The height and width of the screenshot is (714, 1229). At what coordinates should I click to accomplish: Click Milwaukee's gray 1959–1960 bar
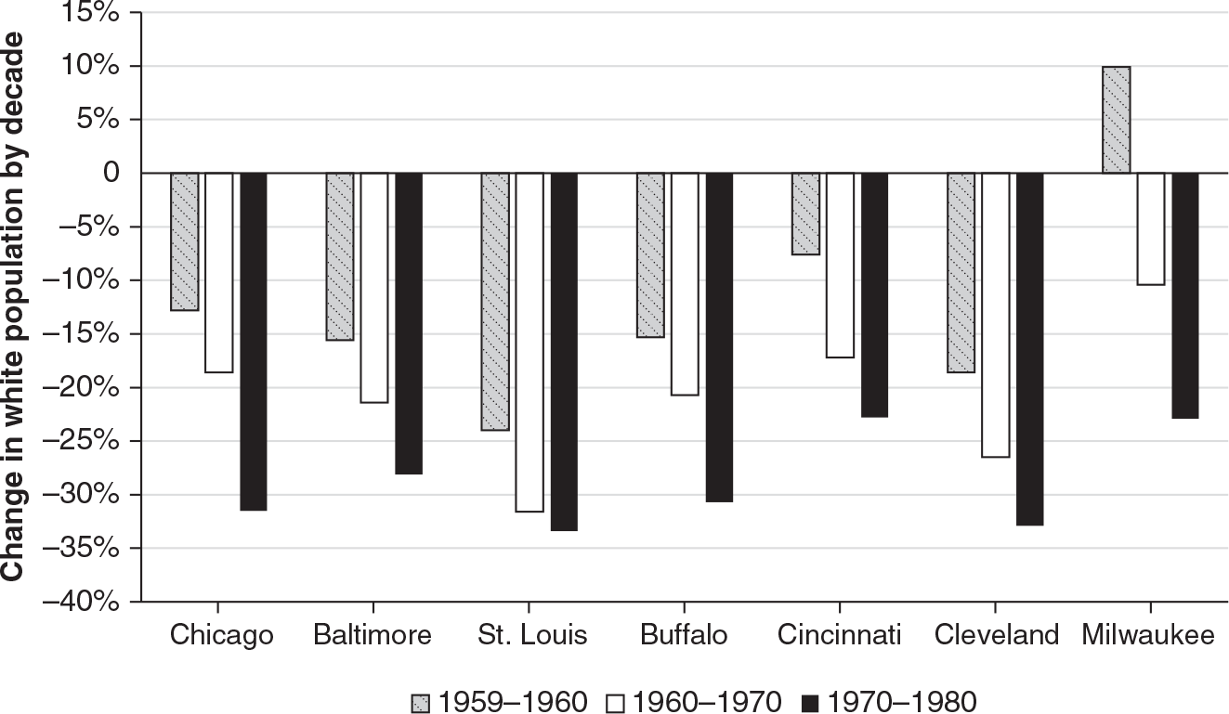click(x=1116, y=120)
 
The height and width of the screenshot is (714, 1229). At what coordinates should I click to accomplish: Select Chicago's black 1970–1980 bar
click(x=253, y=341)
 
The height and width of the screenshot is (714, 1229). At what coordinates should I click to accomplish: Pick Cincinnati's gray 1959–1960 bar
click(x=805, y=214)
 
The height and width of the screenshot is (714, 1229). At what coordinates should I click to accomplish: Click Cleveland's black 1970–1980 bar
click(x=1029, y=348)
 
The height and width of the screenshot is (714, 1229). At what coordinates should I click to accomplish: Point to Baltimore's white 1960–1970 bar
click(x=374, y=288)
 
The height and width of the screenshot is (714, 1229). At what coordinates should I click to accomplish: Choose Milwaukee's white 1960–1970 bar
click(x=1150, y=228)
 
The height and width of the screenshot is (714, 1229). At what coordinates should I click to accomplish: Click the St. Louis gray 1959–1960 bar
click(x=495, y=302)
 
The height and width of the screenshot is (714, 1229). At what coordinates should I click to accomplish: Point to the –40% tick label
click(x=86, y=602)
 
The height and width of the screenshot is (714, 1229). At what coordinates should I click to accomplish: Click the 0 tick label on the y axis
click(x=111, y=174)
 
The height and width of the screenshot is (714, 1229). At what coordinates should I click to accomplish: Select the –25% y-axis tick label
click(x=86, y=441)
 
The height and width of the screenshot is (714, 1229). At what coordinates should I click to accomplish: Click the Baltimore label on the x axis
click(x=373, y=635)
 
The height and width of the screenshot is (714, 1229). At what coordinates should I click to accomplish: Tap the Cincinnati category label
click(x=840, y=635)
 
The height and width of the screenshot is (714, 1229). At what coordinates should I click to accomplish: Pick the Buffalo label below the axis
click(x=684, y=635)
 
